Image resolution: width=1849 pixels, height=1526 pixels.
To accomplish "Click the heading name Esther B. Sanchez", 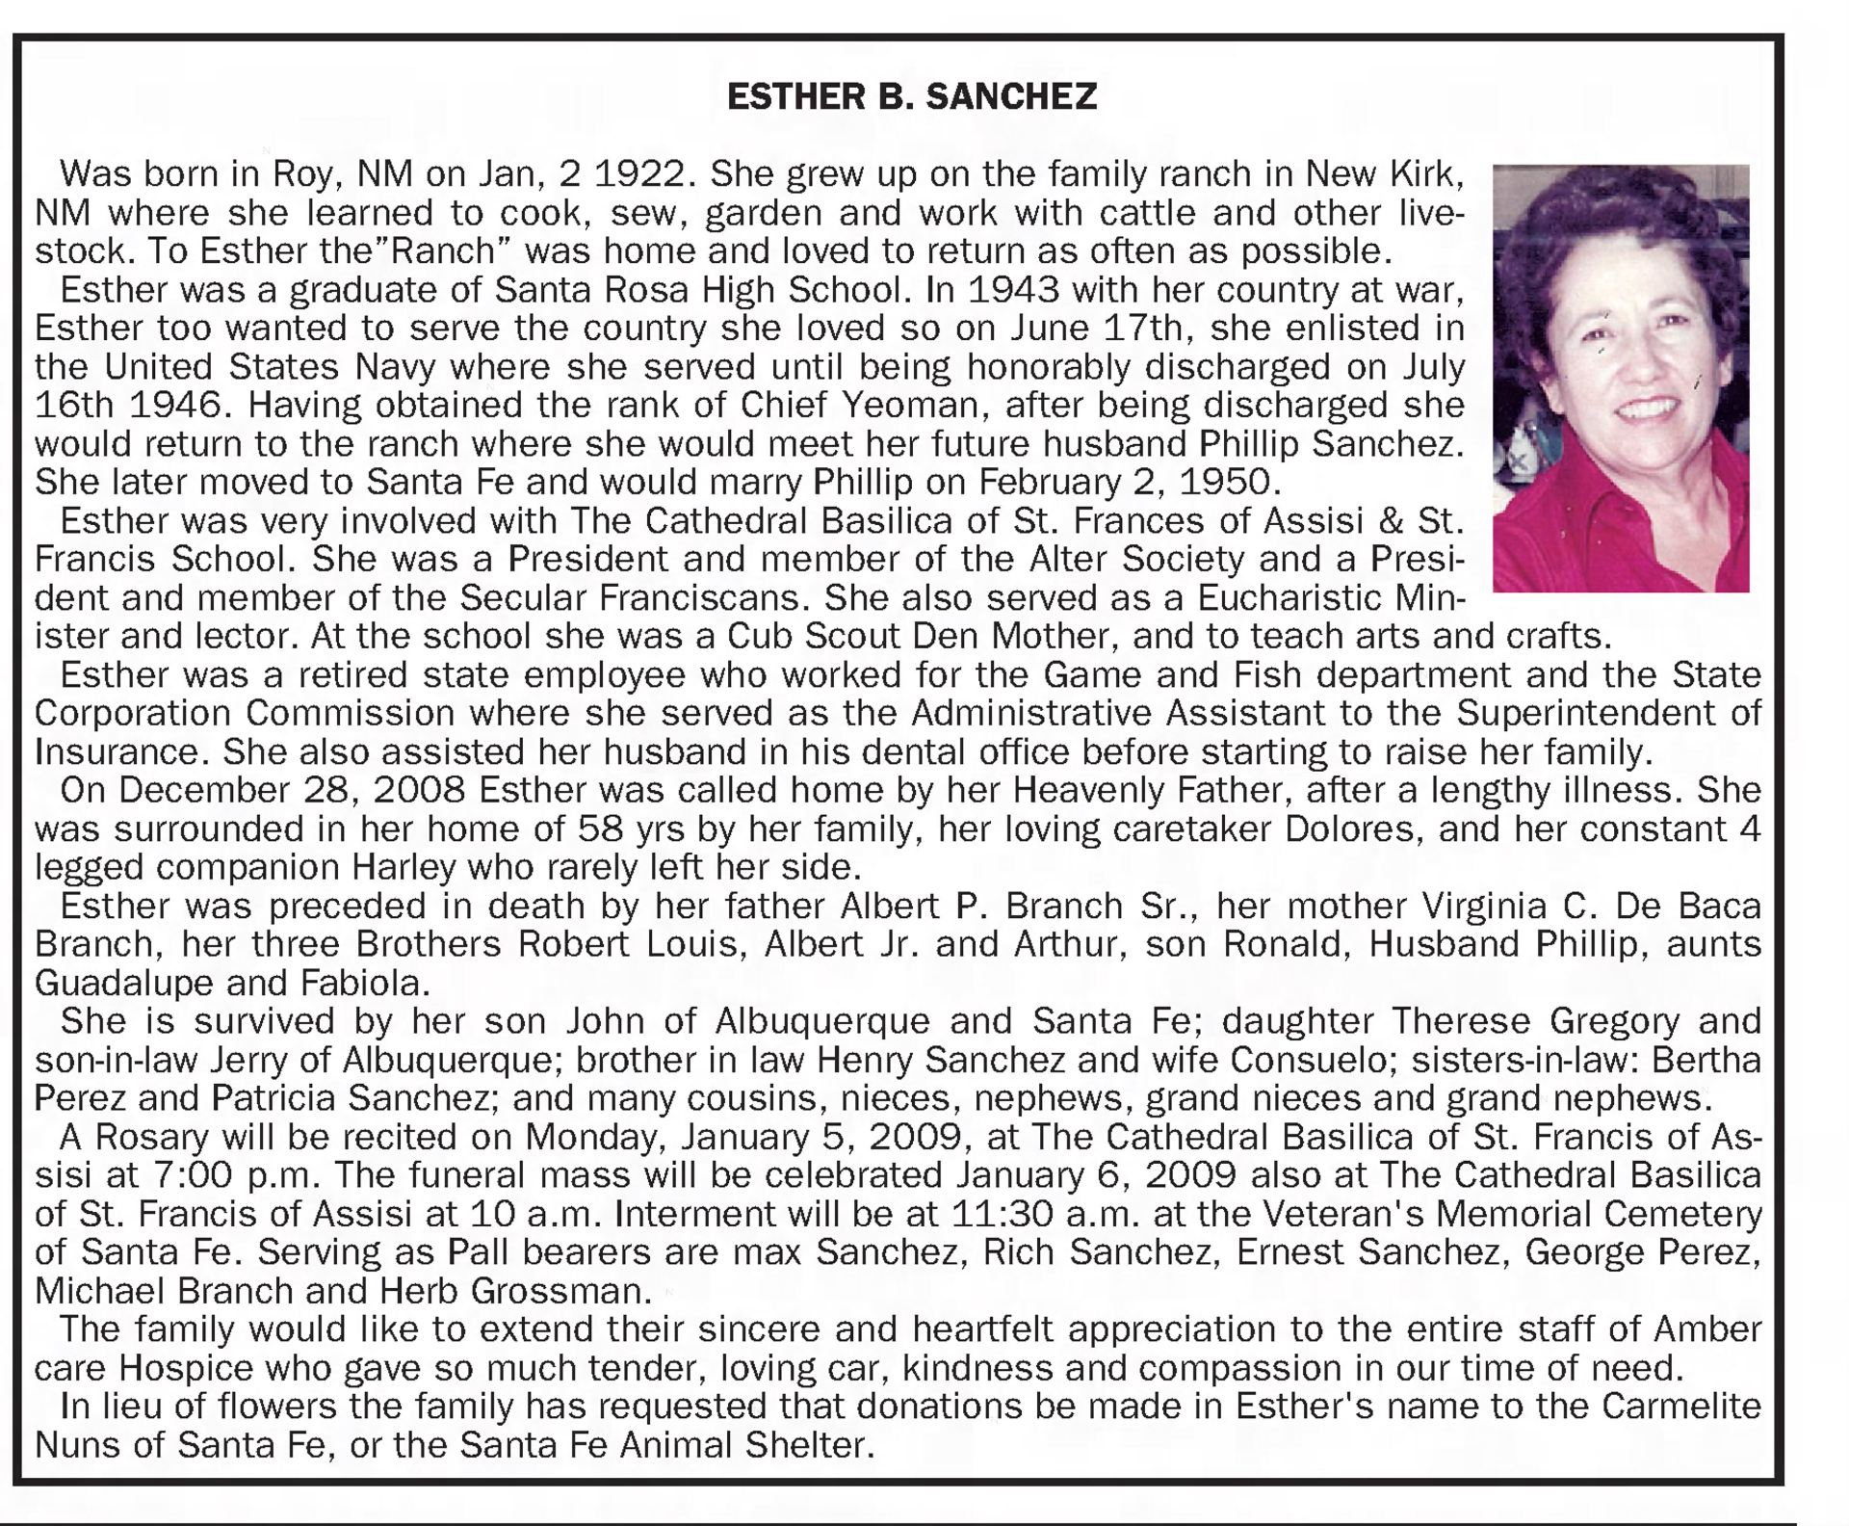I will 911,96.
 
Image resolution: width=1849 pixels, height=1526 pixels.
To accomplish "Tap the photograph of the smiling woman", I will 1620,378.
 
